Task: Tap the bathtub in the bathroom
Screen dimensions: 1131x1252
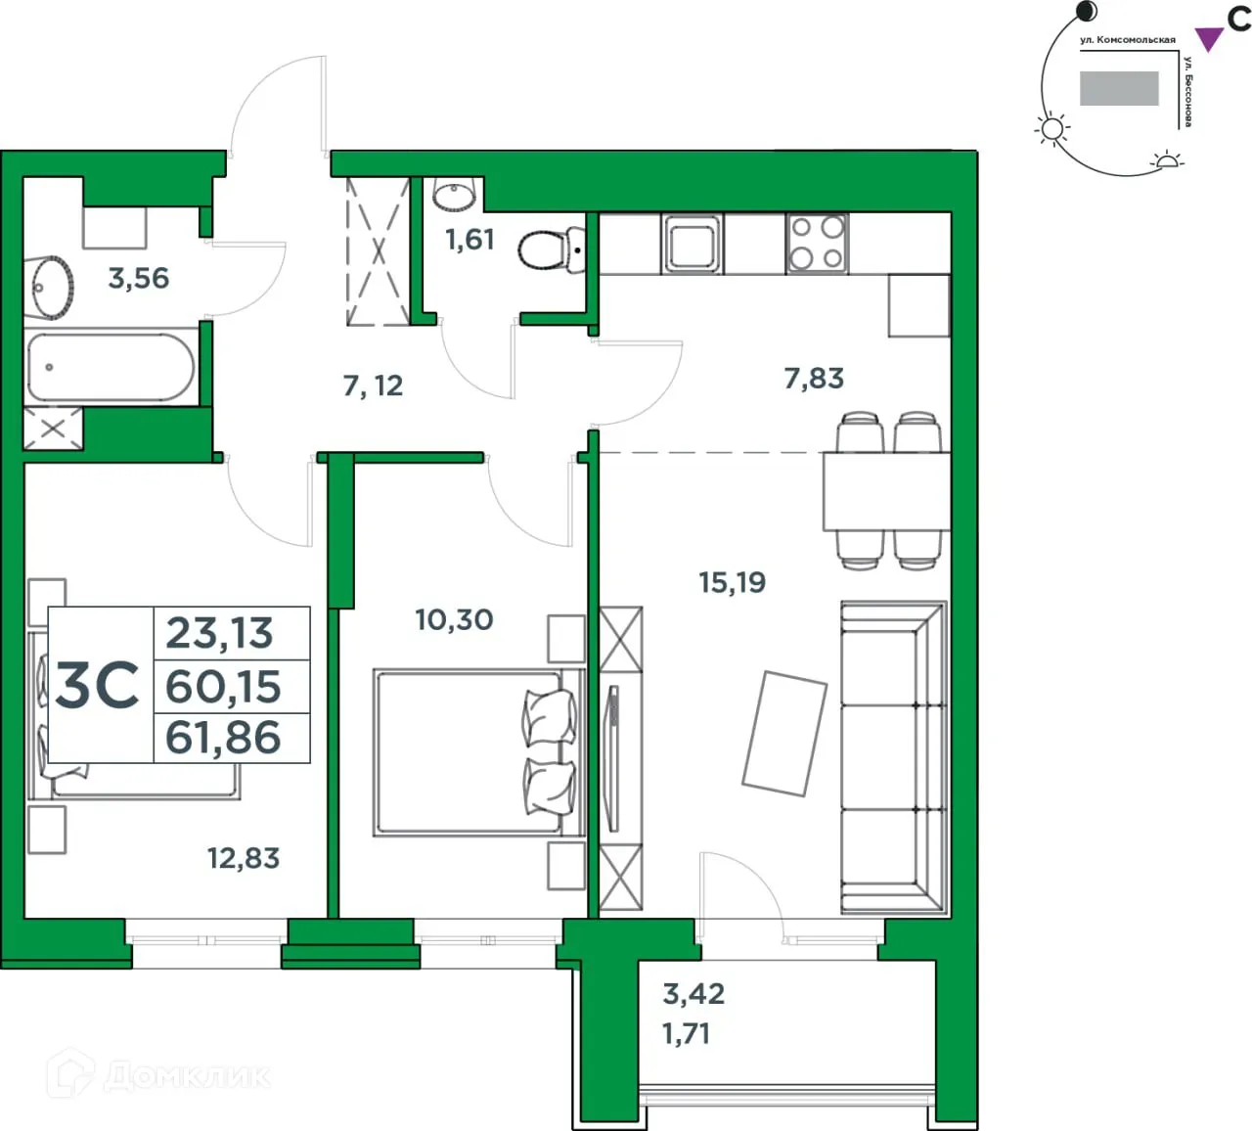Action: (110, 368)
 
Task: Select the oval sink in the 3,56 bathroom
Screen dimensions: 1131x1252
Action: (49, 287)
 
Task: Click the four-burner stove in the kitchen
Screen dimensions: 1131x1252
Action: (817, 243)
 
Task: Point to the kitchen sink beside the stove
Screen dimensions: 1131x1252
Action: (692, 243)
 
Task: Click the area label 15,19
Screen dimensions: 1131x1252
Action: (732, 583)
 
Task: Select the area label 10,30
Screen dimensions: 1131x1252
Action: (454, 619)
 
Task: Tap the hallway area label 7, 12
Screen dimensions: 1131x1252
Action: (373, 385)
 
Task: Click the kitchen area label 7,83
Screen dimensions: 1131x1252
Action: (814, 378)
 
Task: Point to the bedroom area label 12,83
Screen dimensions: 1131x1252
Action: (244, 858)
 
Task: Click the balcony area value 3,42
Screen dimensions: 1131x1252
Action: (693, 994)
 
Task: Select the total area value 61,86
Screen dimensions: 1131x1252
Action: (224, 738)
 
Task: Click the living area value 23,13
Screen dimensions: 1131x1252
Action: (220, 633)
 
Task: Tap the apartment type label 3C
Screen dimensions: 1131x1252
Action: (98, 685)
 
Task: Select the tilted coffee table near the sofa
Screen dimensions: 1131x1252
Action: (784, 733)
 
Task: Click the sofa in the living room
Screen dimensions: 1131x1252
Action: (893, 758)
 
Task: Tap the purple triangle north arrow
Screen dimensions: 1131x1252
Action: (1210, 39)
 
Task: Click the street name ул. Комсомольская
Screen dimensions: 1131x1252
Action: (1127, 40)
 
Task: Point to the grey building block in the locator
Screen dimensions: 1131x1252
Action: (1119, 88)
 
